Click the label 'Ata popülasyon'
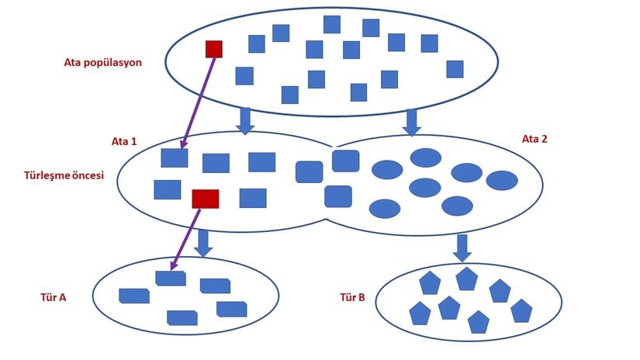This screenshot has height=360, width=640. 102,62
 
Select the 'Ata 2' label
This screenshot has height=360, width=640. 534,139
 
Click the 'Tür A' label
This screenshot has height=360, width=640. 53,296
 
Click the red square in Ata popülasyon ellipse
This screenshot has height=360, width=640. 213,49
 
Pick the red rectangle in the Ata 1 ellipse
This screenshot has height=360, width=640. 205,199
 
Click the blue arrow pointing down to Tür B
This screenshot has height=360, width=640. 462,247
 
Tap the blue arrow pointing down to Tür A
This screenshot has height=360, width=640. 203,242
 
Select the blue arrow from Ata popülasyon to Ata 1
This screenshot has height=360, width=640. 245,120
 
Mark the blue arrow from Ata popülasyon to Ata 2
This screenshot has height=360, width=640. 411,120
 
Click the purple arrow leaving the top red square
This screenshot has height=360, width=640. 197,101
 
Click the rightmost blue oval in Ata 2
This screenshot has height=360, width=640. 501,180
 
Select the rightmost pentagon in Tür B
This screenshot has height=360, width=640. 521,311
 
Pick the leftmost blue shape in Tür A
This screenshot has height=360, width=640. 133,296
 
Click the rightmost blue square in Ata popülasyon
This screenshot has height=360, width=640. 455,69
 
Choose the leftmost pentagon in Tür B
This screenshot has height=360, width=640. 420,313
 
